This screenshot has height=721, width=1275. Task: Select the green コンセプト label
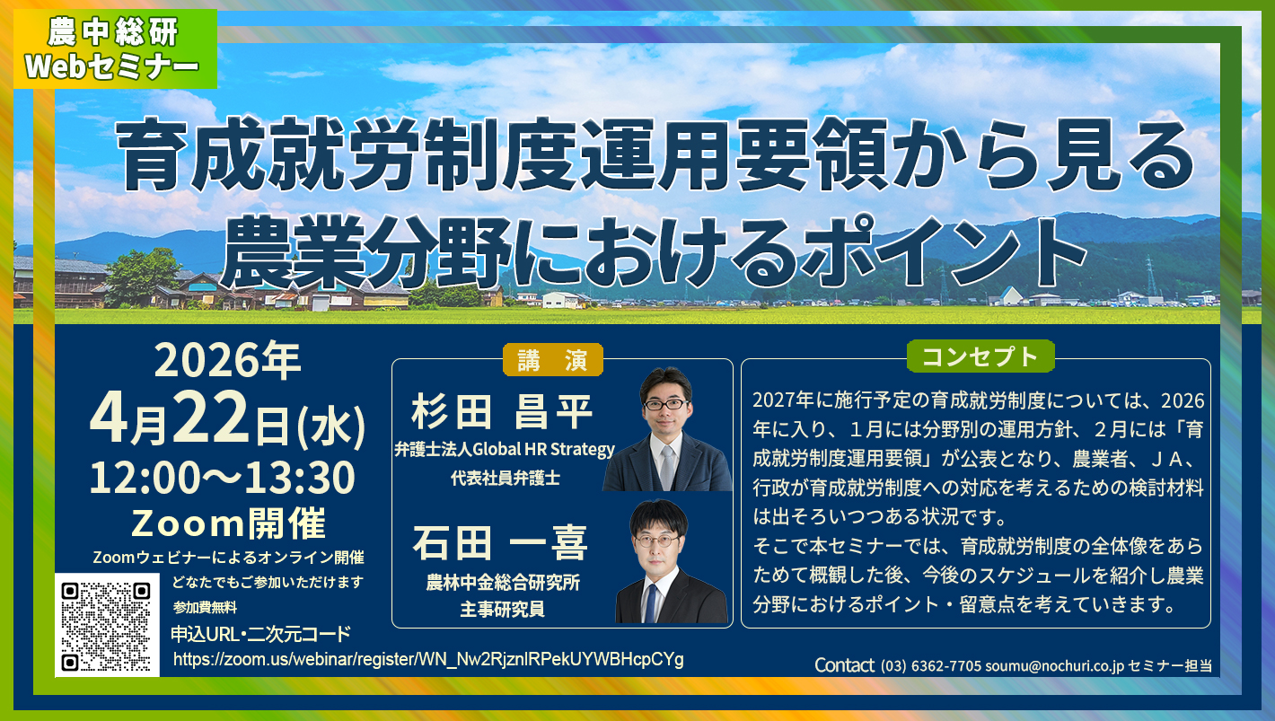click(980, 356)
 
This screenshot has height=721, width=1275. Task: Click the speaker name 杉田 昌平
click(503, 414)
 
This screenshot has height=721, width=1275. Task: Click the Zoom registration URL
click(428, 660)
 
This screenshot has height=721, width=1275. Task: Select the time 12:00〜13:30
click(222, 479)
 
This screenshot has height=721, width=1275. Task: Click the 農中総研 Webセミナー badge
click(114, 49)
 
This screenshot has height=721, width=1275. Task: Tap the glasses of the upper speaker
click(665, 404)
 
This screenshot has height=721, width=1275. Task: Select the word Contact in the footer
click(843, 665)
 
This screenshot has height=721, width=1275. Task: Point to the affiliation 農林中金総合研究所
click(503, 583)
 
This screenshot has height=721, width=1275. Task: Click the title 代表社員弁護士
click(505, 479)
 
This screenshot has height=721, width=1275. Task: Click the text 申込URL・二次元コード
click(260, 634)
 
